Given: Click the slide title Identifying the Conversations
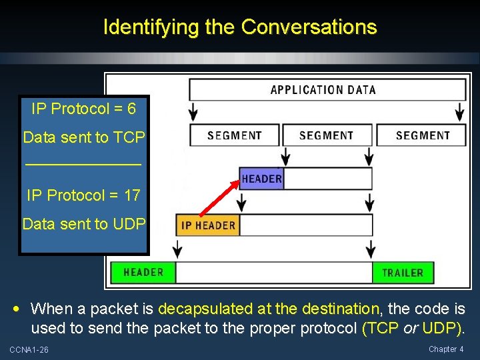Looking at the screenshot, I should tap(240, 27).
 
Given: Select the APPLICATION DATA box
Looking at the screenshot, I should tap(327, 90).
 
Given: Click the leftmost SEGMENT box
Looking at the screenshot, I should tap(234, 135).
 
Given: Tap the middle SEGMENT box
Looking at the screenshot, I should tap(326, 135).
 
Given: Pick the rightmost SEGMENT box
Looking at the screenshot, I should tap(423, 135).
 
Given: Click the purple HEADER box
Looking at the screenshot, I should tap(261, 179).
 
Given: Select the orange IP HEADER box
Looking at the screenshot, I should tap(208, 225).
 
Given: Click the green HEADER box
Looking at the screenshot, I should tap(143, 272).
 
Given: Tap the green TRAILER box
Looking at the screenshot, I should tap(402, 273).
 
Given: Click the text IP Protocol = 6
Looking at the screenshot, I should tap(83, 109).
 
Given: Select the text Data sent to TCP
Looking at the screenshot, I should tap(83, 137).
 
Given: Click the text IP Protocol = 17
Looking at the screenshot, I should tap(83, 195).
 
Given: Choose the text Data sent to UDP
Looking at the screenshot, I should tap(83, 224).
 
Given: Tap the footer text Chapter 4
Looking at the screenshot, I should tap(446, 349).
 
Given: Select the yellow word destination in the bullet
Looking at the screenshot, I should tap(340, 309).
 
